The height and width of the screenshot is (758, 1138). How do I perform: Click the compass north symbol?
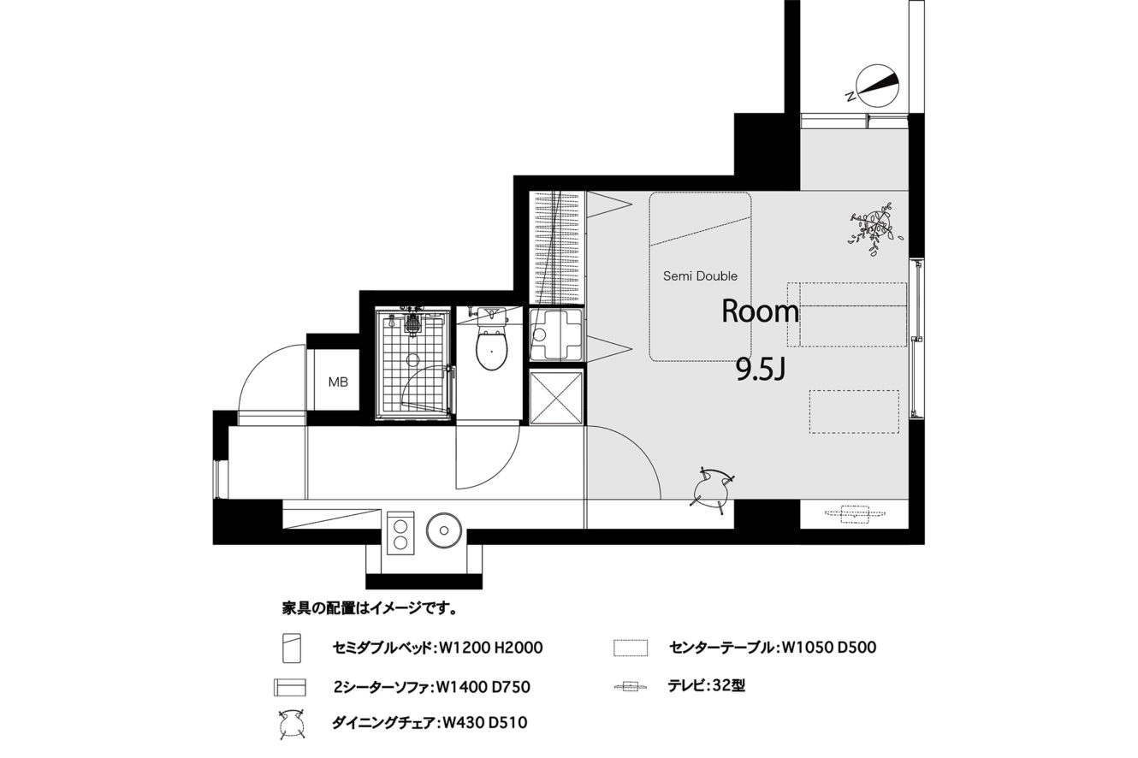(876, 86)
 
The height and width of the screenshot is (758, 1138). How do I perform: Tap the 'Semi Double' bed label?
(700, 276)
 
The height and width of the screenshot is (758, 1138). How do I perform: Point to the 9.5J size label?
(761, 370)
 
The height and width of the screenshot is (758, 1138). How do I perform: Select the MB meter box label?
(338, 382)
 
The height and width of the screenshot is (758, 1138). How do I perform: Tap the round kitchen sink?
(443, 530)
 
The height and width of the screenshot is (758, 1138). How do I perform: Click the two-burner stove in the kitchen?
(400, 533)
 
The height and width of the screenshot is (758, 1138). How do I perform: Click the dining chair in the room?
(712, 489)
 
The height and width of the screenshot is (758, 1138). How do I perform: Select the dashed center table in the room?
(854, 412)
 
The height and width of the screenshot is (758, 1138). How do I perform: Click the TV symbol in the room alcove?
(856, 514)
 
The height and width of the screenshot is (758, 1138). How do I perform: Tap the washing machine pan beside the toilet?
(556, 334)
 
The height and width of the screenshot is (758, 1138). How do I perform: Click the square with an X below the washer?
(556, 398)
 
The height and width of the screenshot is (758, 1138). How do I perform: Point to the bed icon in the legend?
(292, 648)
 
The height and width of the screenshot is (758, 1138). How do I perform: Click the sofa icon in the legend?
(289, 687)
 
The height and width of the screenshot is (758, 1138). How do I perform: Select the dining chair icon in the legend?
(292, 723)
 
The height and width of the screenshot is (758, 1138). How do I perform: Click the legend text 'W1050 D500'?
(829, 648)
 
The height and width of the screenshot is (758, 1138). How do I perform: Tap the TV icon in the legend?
(631, 687)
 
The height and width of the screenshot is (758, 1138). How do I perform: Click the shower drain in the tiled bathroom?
(412, 360)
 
